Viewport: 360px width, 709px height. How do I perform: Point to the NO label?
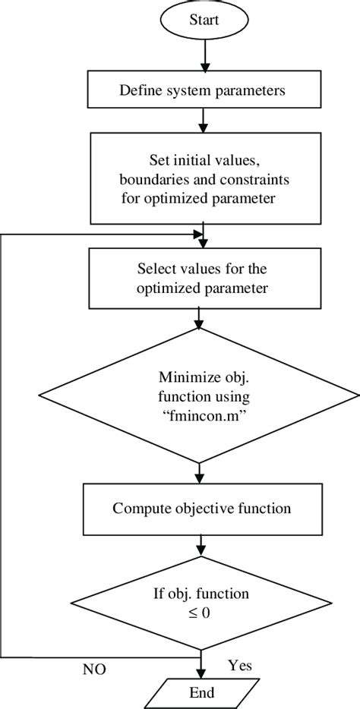95,670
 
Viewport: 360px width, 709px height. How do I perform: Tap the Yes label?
240,665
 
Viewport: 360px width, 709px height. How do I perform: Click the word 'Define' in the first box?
139,91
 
